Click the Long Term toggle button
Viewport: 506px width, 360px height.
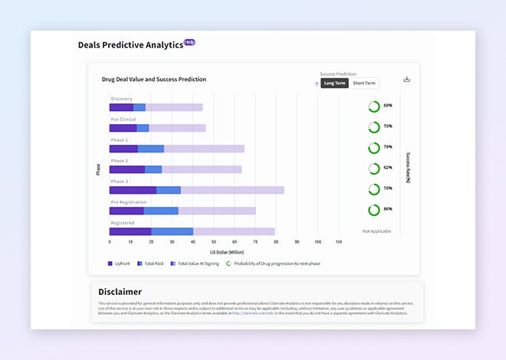point(334,83)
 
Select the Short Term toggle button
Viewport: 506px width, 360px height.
point(364,83)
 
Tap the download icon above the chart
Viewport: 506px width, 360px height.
point(407,79)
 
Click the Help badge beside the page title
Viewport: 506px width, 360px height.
point(189,42)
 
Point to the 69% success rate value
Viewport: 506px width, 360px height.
point(388,106)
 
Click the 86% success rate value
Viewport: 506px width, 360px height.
point(388,209)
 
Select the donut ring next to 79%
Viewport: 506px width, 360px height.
point(374,147)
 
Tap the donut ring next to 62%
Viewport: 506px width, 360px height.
point(374,168)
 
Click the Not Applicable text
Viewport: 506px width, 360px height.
point(376,231)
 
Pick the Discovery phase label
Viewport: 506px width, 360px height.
point(121,99)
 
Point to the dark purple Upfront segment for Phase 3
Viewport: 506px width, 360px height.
point(133,190)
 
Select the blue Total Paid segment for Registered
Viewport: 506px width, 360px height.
point(172,231)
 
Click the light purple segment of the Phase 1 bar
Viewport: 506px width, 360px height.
point(204,149)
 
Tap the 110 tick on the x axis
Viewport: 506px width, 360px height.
point(338,241)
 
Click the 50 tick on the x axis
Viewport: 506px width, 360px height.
point(213,241)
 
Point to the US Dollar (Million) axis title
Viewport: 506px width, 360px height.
point(226,252)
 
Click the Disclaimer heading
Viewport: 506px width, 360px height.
point(120,292)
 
